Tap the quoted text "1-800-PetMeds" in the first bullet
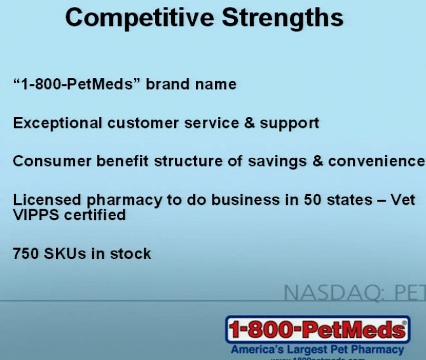pos(77,84)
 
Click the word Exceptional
pos(58,123)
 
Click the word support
pos(290,123)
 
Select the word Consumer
pos(52,161)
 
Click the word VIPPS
pos(35,215)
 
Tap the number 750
pos(27,254)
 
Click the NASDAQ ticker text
pos(354,293)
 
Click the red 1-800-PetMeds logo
pos(317,330)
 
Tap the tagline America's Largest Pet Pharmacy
pos(317,350)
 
